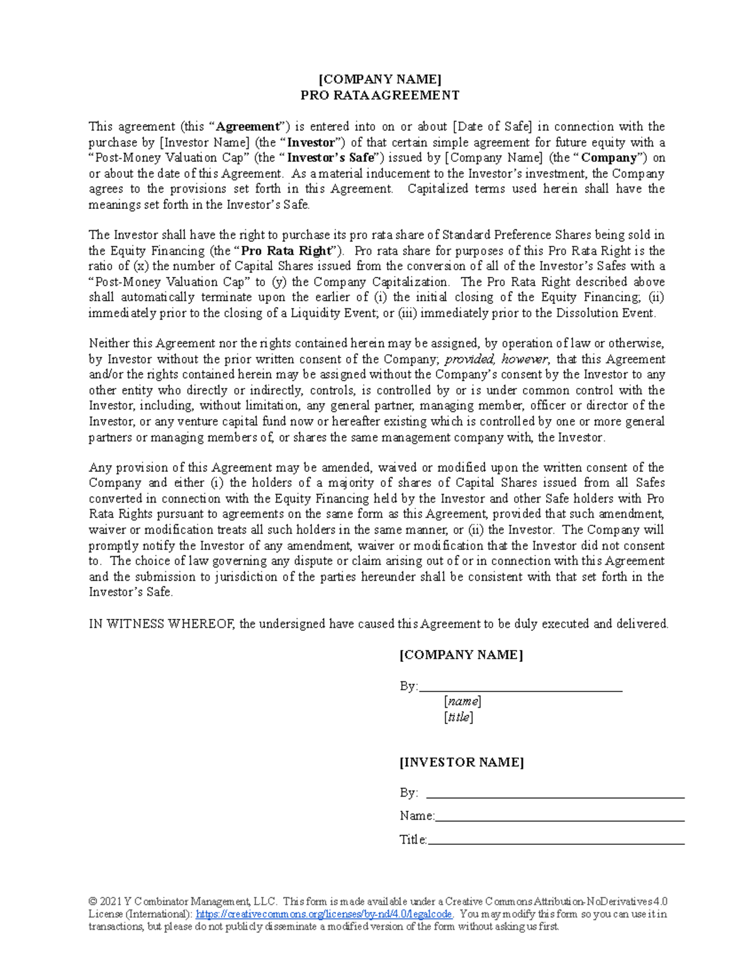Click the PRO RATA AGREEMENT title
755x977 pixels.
point(379,96)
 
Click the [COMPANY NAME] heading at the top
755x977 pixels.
point(379,79)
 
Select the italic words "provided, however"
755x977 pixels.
point(496,359)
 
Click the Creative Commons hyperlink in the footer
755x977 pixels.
point(324,914)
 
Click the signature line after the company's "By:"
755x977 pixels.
point(520,690)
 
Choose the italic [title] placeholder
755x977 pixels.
point(458,717)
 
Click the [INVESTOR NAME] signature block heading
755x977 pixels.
point(461,762)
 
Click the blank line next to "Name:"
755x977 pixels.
point(559,820)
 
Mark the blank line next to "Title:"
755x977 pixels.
point(556,843)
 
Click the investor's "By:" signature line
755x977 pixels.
point(555,797)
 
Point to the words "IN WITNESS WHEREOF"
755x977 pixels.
point(162,624)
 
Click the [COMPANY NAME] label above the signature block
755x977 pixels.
point(461,655)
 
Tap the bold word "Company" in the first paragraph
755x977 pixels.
point(608,158)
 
